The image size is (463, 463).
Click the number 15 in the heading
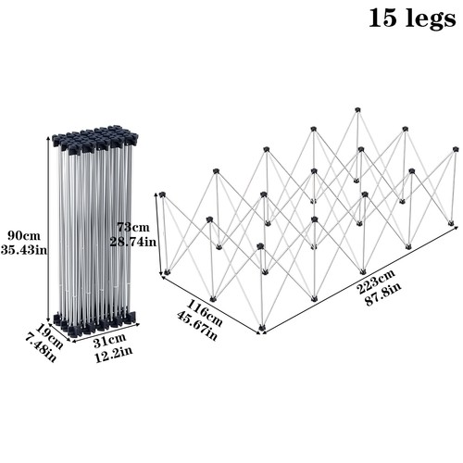382,18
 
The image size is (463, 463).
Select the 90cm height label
24,235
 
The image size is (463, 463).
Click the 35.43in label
24,249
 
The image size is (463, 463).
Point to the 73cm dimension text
133,228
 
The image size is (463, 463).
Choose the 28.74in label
133,242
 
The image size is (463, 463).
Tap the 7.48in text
41,349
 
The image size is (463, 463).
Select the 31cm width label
110,342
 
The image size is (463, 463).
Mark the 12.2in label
113,356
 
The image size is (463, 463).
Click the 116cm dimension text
204,313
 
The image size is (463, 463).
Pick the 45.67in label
197,325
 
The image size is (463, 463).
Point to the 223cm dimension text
376,282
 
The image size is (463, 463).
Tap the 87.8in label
383,294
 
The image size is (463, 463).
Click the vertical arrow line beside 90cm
47,229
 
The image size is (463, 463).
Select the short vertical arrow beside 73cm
160,234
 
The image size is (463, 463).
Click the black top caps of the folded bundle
95,138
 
